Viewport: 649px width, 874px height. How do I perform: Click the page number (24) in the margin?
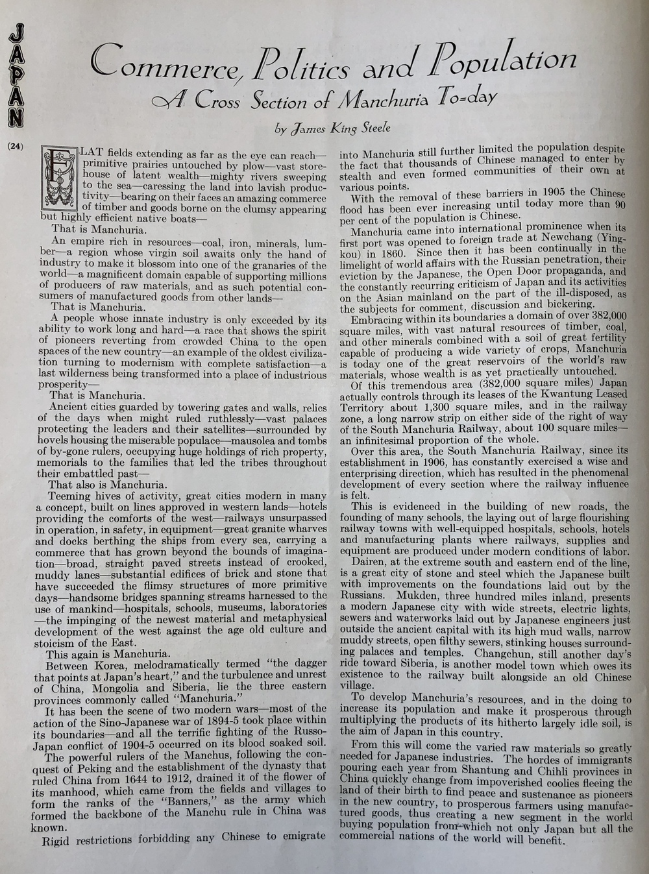16,145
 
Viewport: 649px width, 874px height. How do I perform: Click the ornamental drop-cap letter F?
60,178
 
